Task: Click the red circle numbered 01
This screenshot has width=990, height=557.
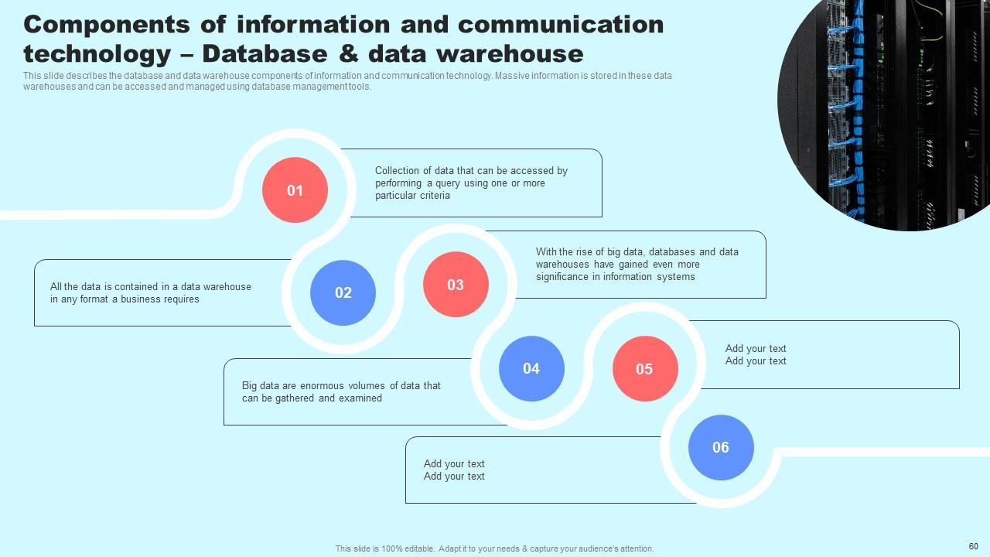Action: (x=295, y=190)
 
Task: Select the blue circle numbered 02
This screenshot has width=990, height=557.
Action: (x=343, y=292)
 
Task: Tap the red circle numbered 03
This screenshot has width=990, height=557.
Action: (x=456, y=285)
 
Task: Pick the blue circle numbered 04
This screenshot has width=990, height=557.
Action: (x=531, y=368)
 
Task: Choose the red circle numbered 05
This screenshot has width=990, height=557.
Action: (x=645, y=369)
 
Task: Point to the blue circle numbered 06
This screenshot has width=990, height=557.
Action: (x=721, y=447)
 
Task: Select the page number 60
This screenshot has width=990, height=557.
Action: (x=973, y=546)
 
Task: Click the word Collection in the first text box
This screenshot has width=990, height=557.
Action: (x=398, y=171)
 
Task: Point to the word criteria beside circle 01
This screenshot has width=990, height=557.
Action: (x=435, y=196)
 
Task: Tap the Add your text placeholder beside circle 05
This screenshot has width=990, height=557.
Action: (x=756, y=354)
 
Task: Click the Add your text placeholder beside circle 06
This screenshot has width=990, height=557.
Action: (x=454, y=470)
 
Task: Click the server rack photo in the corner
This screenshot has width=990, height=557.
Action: (x=889, y=108)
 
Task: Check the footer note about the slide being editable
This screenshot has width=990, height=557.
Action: (x=494, y=548)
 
